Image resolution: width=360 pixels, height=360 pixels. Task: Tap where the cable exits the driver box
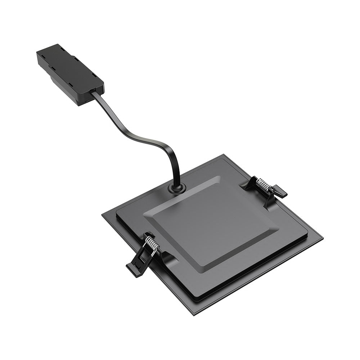[x=95, y=93]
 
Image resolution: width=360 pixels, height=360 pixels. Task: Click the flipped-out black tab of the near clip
[x=135, y=266]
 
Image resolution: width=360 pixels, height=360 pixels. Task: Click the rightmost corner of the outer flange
[x=322, y=239]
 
